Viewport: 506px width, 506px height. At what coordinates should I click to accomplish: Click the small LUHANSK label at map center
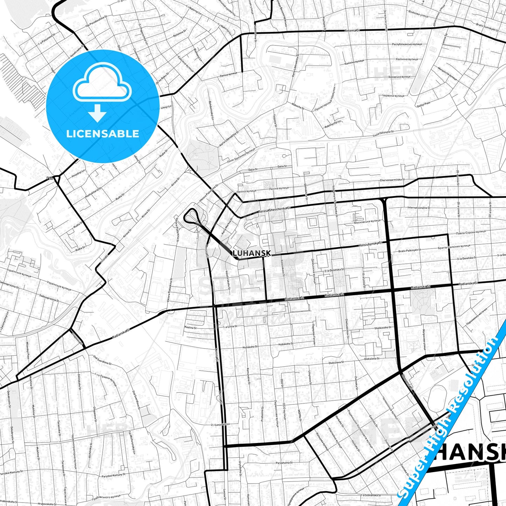point(251,253)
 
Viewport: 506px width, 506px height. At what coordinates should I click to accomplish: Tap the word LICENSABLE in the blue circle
point(103,133)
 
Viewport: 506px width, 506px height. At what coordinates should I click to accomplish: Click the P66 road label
point(50,178)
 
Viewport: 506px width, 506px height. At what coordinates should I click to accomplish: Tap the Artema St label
point(352,30)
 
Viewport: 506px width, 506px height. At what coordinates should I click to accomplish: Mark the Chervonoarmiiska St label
point(392,180)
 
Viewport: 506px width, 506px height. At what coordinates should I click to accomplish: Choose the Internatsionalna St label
point(418,208)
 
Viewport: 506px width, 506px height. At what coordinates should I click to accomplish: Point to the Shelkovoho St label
point(382,328)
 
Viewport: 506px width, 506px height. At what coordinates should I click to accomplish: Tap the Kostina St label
point(190,328)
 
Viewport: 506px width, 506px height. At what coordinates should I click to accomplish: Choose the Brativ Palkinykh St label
point(409,250)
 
